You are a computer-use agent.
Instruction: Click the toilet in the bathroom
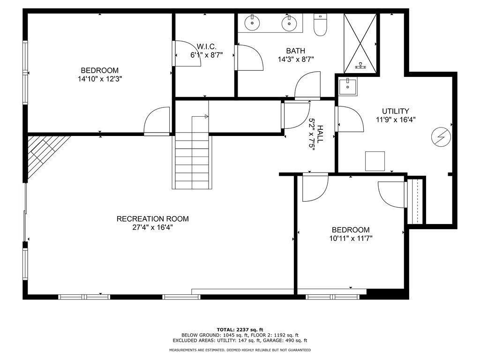click(x=321, y=26)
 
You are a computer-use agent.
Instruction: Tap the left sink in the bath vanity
click(x=253, y=22)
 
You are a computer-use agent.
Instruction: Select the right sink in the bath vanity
click(x=289, y=22)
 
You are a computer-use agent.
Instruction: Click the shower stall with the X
click(x=360, y=43)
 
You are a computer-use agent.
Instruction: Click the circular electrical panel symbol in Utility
click(x=441, y=137)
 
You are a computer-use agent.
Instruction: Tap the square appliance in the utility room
click(x=375, y=161)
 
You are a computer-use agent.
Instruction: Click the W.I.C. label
click(x=206, y=46)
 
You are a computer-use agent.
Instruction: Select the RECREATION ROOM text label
click(x=152, y=218)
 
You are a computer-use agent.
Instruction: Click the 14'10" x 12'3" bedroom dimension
click(x=100, y=79)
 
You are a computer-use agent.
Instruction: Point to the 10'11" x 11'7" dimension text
click(x=350, y=238)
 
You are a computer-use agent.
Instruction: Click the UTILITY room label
click(x=395, y=111)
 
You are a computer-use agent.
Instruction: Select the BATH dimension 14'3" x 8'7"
click(x=295, y=59)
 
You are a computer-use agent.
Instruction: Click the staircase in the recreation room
click(x=192, y=159)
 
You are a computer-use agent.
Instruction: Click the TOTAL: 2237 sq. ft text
click(x=240, y=329)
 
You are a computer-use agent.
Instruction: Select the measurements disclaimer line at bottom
click(x=240, y=350)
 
